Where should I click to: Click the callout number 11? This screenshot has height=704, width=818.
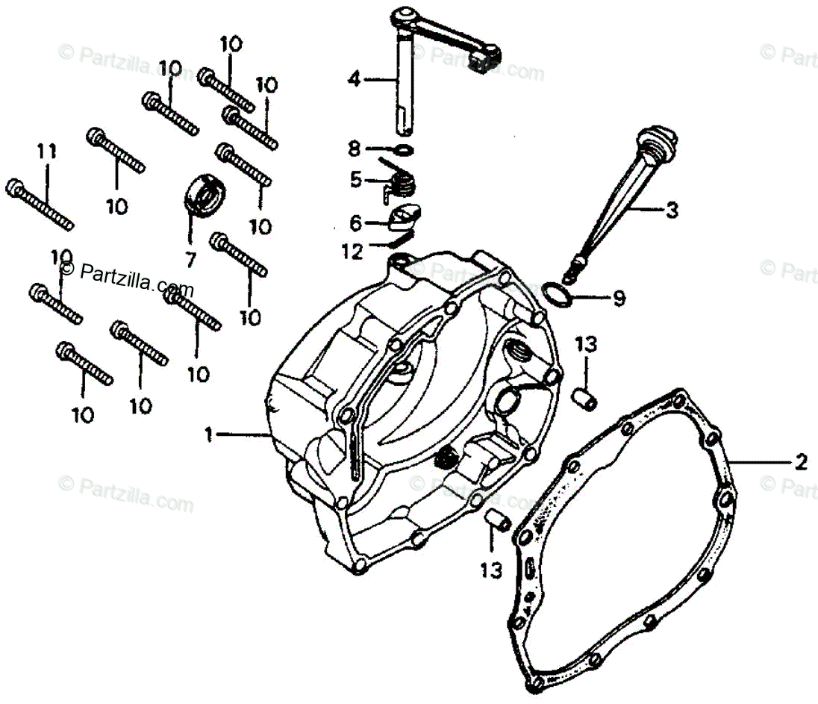pos(46,152)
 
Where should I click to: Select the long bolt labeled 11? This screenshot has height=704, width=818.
pos(41,203)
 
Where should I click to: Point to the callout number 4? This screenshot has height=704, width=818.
pos(354,78)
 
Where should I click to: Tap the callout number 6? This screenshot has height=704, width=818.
pos(356,222)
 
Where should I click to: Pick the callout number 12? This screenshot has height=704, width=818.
pos(352,252)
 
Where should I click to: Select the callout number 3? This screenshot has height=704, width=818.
pos(672,211)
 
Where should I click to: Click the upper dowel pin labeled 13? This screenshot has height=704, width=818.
pos(587,399)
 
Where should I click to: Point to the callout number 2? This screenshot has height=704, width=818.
pos(800,462)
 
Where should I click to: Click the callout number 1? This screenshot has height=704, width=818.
pos(210,434)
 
